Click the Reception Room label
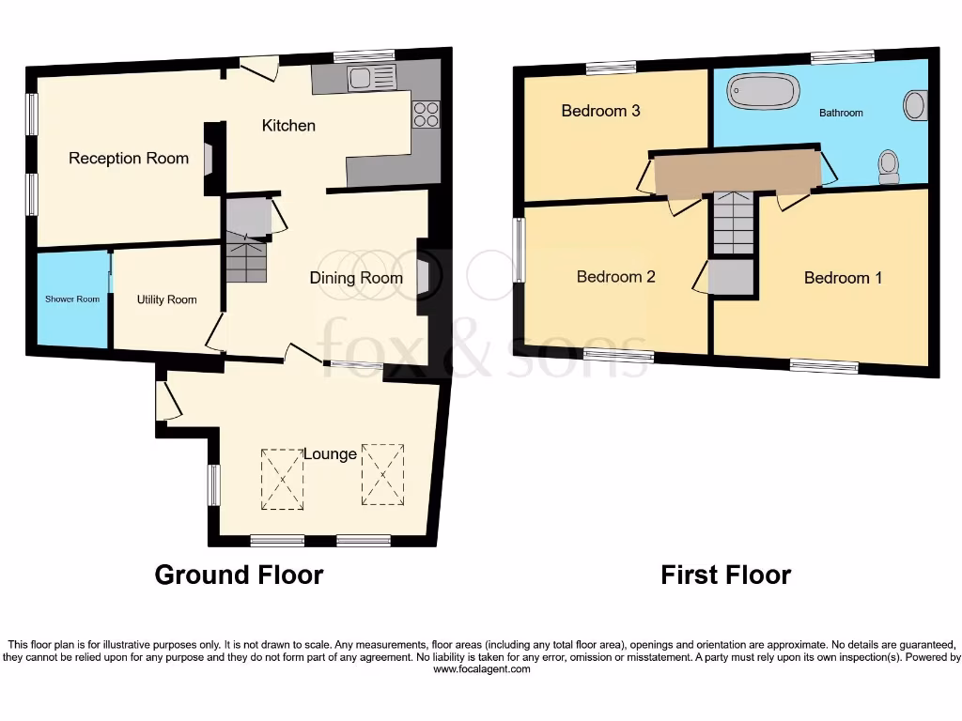[x=129, y=159]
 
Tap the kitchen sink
[x=372, y=79]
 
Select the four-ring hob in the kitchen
[x=426, y=114]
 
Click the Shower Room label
[x=73, y=299]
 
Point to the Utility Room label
[x=166, y=299]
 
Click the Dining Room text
[x=356, y=278]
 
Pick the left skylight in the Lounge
[x=283, y=479]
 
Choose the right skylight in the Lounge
[x=382, y=474]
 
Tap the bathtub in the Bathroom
[x=764, y=92]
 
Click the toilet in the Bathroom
[x=888, y=167]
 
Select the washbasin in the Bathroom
[x=916, y=104]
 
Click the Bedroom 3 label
[x=600, y=111]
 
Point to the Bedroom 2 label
[x=615, y=277]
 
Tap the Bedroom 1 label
[x=843, y=278]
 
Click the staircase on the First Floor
[x=733, y=222]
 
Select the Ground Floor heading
[x=239, y=575]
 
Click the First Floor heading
[x=725, y=575]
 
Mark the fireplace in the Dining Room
[x=424, y=278]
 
